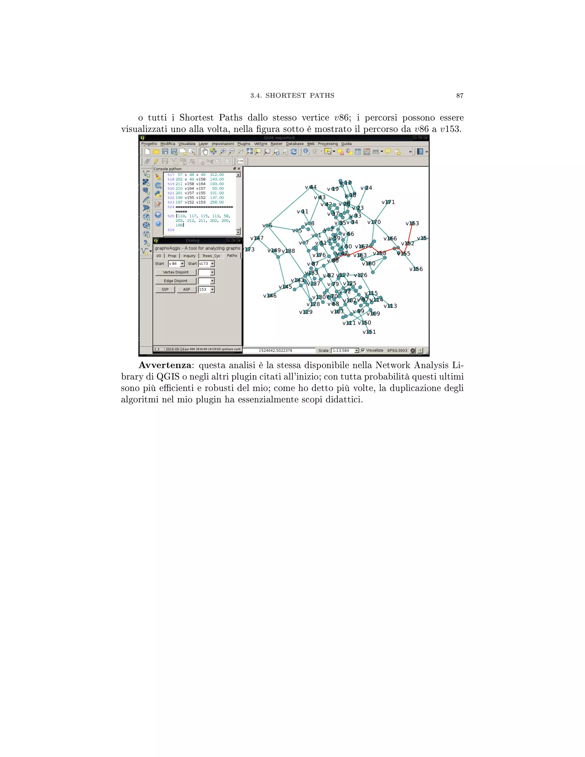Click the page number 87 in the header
(460, 96)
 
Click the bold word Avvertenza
(165, 365)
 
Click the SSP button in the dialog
(165, 289)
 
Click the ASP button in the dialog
(187, 289)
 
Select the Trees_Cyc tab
(211, 256)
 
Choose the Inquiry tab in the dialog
(189, 256)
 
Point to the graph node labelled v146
(270, 296)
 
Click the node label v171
(388, 202)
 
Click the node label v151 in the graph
(369, 332)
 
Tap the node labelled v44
(310, 187)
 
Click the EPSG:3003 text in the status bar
(397, 351)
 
